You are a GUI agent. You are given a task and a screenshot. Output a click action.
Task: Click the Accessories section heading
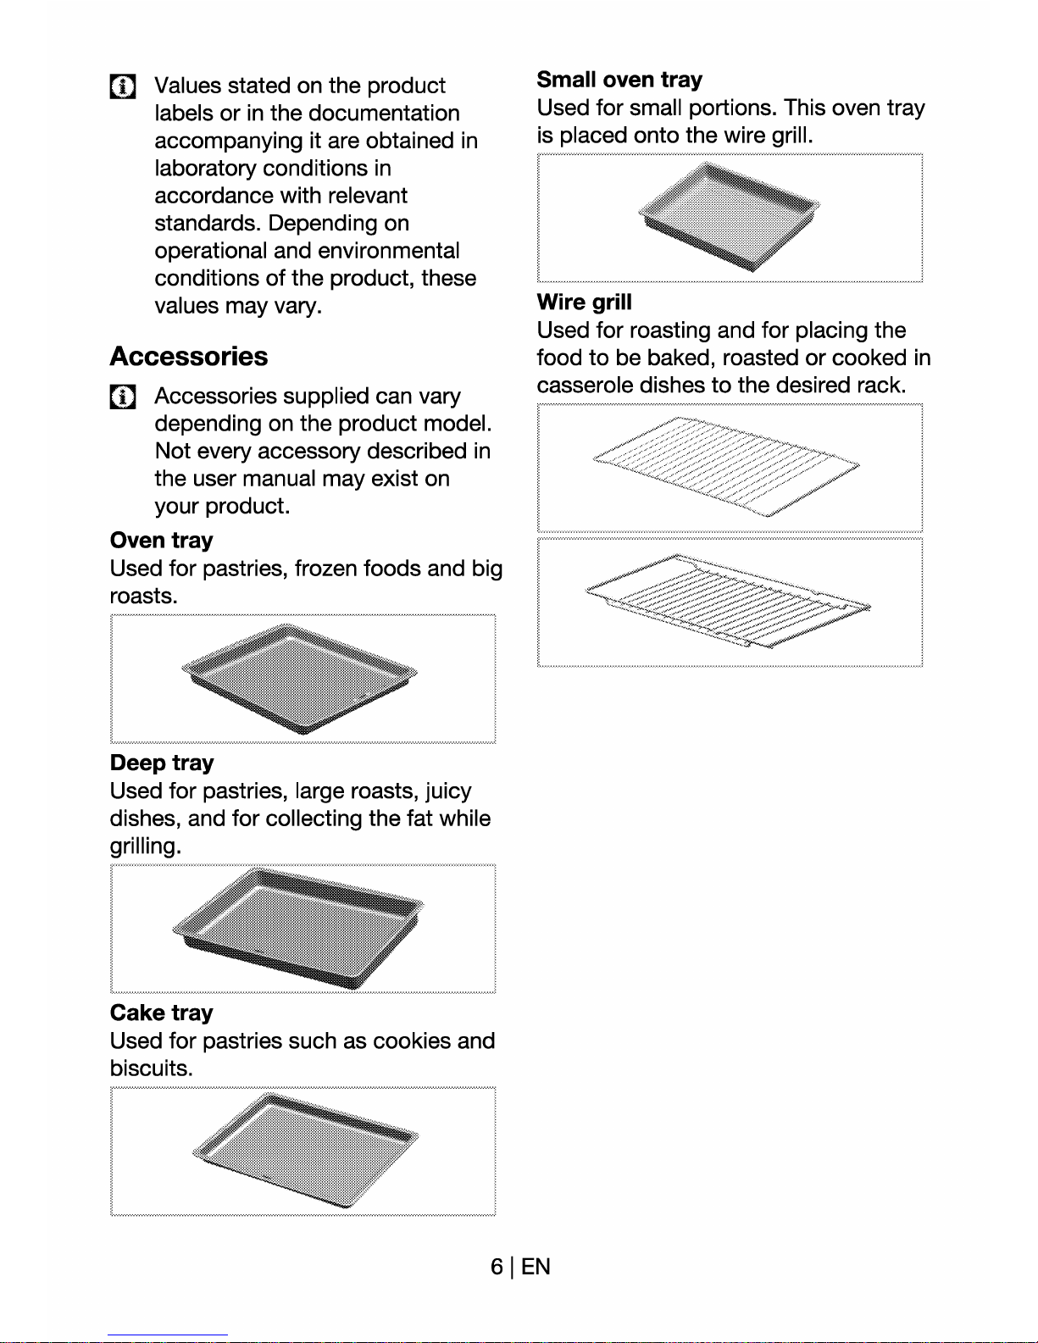(x=188, y=357)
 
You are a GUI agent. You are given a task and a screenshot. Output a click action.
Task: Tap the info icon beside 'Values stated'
(x=122, y=86)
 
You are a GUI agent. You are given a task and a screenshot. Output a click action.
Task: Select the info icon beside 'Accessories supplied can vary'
(x=122, y=397)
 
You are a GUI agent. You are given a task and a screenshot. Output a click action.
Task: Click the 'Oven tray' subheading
(x=161, y=541)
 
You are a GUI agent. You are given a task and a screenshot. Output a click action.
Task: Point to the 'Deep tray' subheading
(x=162, y=763)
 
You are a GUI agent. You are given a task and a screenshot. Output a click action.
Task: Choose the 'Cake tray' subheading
(x=161, y=1013)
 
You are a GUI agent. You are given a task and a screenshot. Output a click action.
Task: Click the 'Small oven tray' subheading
(x=619, y=80)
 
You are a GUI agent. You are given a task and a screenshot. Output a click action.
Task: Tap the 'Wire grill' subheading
(x=584, y=302)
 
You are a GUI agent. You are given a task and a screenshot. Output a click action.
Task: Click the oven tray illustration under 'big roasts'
(x=300, y=679)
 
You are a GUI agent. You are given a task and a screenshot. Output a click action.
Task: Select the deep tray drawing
(x=297, y=927)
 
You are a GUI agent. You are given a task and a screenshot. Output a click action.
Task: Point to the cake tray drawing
(x=305, y=1150)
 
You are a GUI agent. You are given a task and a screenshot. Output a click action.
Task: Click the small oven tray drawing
(x=729, y=216)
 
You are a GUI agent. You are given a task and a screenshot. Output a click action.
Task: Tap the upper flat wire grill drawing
(x=726, y=467)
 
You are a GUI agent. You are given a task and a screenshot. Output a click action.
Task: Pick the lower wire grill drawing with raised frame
(x=728, y=601)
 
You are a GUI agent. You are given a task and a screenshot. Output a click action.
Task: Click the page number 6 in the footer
(x=497, y=1267)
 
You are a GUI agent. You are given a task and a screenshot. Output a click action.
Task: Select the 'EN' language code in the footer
(x=535, y=1267)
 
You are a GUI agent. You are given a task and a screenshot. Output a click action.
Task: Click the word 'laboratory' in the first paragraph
(x=204, y=168)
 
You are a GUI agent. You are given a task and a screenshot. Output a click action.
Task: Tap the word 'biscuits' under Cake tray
(x=152, y=1068)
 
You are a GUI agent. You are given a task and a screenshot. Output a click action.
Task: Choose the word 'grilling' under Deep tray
(x=146, y=846)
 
